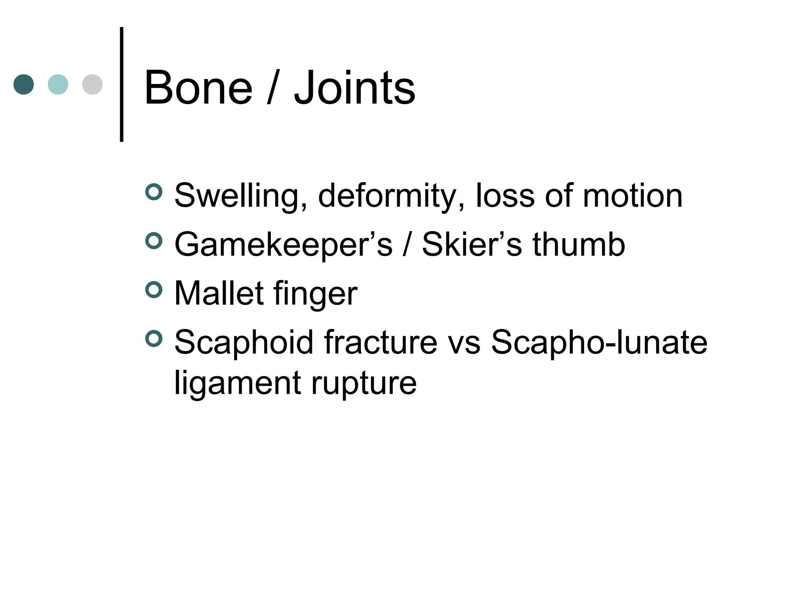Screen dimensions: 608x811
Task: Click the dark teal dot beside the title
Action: tap(24, 84)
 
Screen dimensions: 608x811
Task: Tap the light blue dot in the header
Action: tap(58, 84)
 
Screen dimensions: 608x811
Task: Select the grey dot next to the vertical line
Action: tap(92, 84)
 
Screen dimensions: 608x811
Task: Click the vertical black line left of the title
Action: tap(122, 84)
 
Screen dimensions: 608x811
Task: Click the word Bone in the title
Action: tap(198, 88)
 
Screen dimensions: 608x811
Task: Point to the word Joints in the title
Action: tap(354, 88)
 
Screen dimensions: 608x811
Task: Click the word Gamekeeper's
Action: tap(283, 245)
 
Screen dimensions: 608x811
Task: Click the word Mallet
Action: tap(219, 293)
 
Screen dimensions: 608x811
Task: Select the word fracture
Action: tap(381, 342)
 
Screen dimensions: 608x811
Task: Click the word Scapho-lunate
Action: tap(599, 342)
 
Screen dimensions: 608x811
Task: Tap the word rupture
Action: tap(364, 384)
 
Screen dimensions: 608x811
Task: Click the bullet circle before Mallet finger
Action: tap(154, 290)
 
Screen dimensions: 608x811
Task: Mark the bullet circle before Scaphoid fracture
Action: tap(154, 338)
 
